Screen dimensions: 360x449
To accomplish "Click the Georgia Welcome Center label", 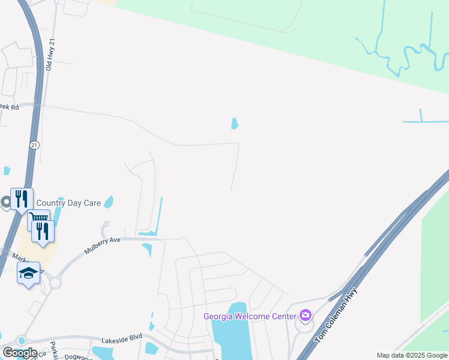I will (250, 316).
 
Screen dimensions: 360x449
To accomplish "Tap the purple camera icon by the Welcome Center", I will (306, 316).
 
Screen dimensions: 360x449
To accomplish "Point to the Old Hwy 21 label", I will (52, 56).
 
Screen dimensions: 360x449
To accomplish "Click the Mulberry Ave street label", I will (103, 246).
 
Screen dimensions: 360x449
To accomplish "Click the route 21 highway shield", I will (34, 145).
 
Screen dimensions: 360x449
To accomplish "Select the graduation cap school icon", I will (28, 274).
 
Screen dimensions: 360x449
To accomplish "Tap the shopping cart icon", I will (38, 220).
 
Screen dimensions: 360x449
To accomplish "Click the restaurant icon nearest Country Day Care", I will (22, 198).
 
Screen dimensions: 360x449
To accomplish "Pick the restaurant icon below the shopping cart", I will (43, 231).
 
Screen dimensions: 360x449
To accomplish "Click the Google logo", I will (19, 353).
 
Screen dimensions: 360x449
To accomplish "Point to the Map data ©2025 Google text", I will (412, 356).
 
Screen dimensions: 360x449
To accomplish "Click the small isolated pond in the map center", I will (235, 124).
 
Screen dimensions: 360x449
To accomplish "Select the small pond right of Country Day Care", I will (109, 202).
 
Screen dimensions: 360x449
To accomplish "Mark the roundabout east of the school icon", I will (56, 283).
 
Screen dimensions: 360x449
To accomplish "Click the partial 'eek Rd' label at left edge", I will (10, 107).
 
